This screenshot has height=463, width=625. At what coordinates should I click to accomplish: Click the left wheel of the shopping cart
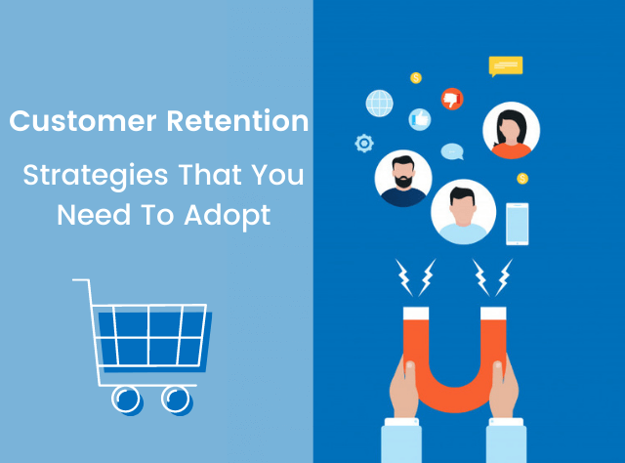point(125,398)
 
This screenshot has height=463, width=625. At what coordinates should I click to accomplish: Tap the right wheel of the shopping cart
point(176,398)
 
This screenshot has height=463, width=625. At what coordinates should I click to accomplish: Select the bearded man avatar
point(402,178)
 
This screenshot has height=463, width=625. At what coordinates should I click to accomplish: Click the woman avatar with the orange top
point(511,131)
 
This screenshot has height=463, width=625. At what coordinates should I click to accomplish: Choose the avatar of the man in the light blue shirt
point(463,211)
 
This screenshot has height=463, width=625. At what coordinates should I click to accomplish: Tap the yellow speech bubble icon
point(505,66)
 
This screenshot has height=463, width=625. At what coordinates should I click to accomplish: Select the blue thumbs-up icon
point(420,119)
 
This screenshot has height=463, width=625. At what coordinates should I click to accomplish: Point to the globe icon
point(379,103)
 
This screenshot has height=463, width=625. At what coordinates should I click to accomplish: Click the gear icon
point(364,144)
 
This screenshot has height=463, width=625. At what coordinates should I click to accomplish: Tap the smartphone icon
point(517,224)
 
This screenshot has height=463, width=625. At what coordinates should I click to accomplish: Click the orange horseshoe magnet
point(452,352)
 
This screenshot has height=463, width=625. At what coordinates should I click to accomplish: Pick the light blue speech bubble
point(451,151)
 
